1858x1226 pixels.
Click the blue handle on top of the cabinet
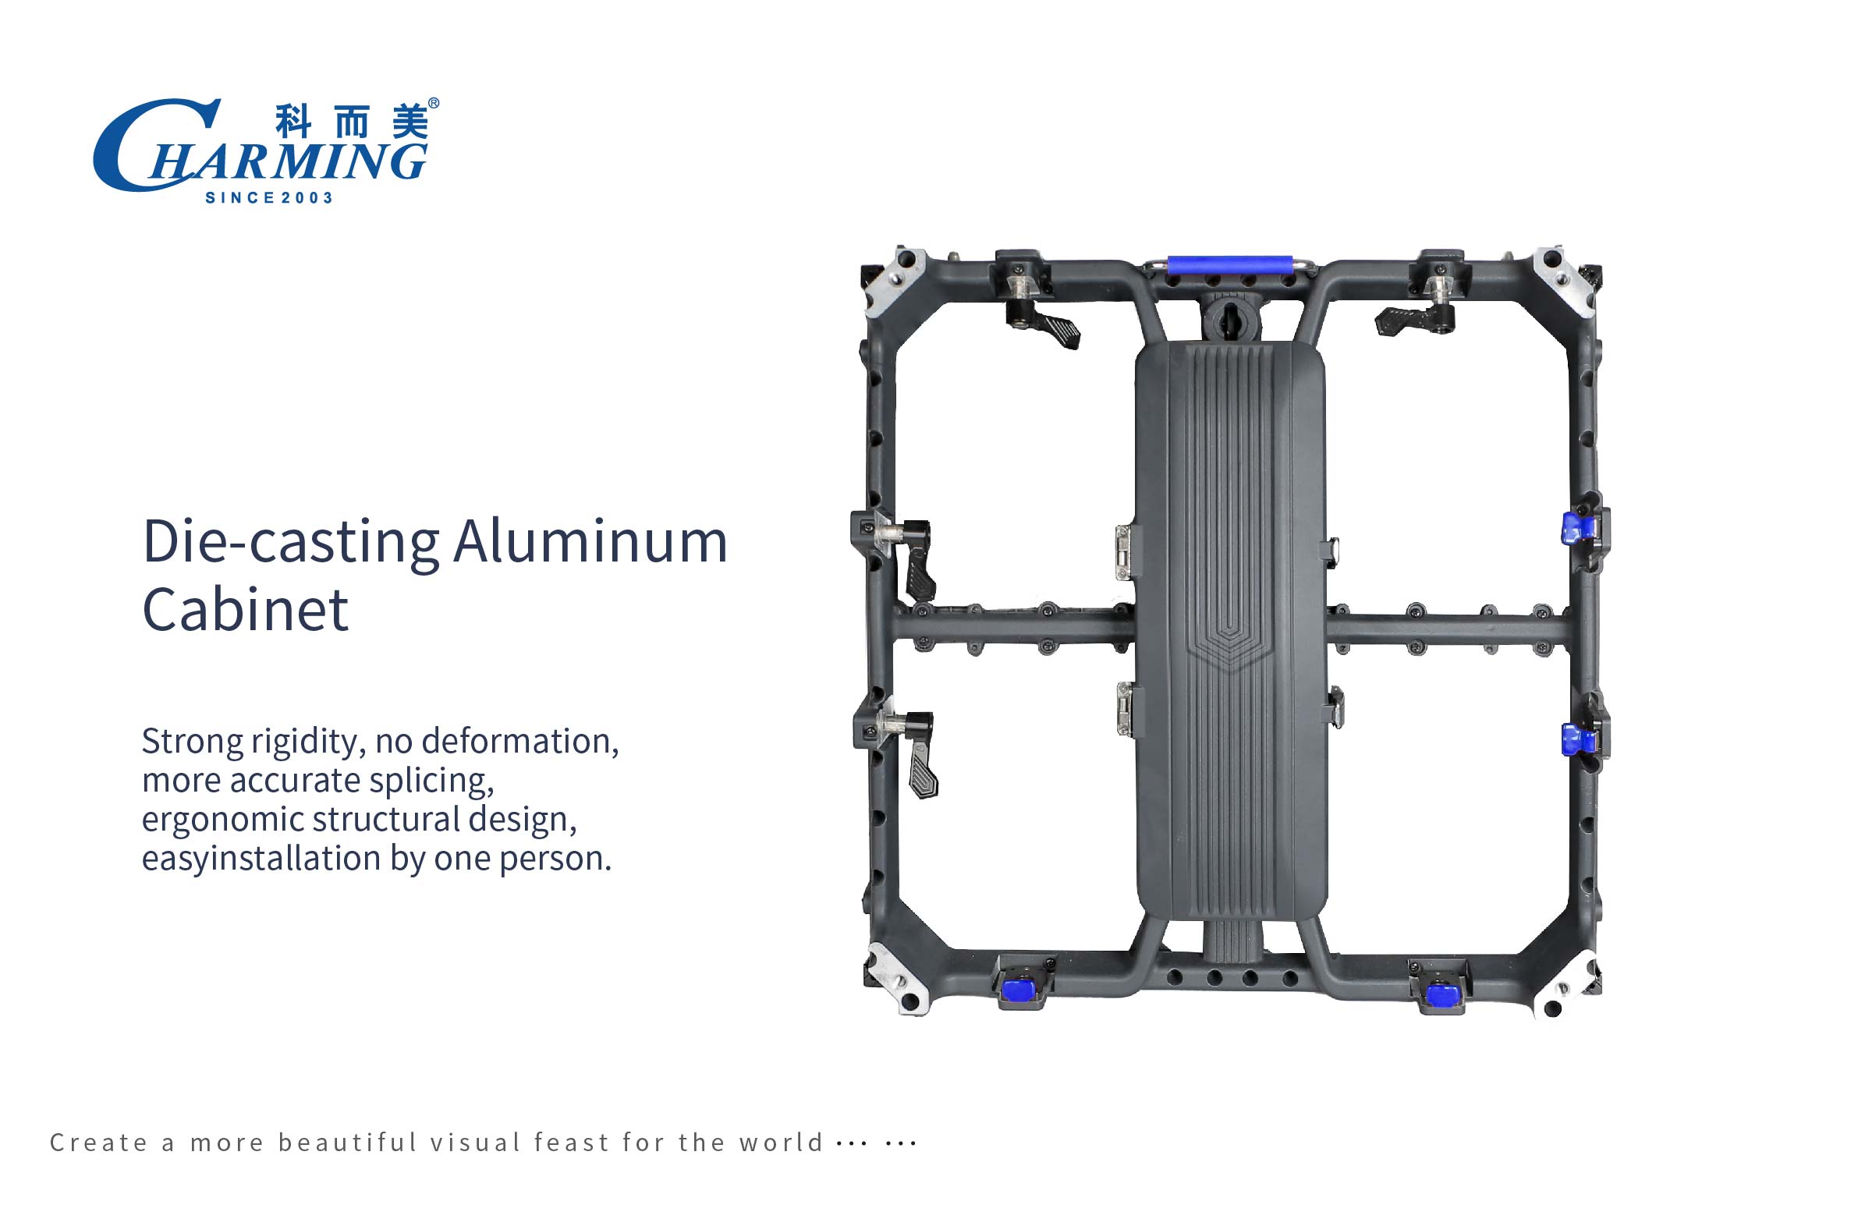coord(1228,264)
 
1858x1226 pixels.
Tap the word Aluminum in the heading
coord(590,541)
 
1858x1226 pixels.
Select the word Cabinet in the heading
coord(245,610)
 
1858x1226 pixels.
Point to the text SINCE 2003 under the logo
coord(269,198)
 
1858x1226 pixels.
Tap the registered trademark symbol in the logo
coord(434,103)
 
